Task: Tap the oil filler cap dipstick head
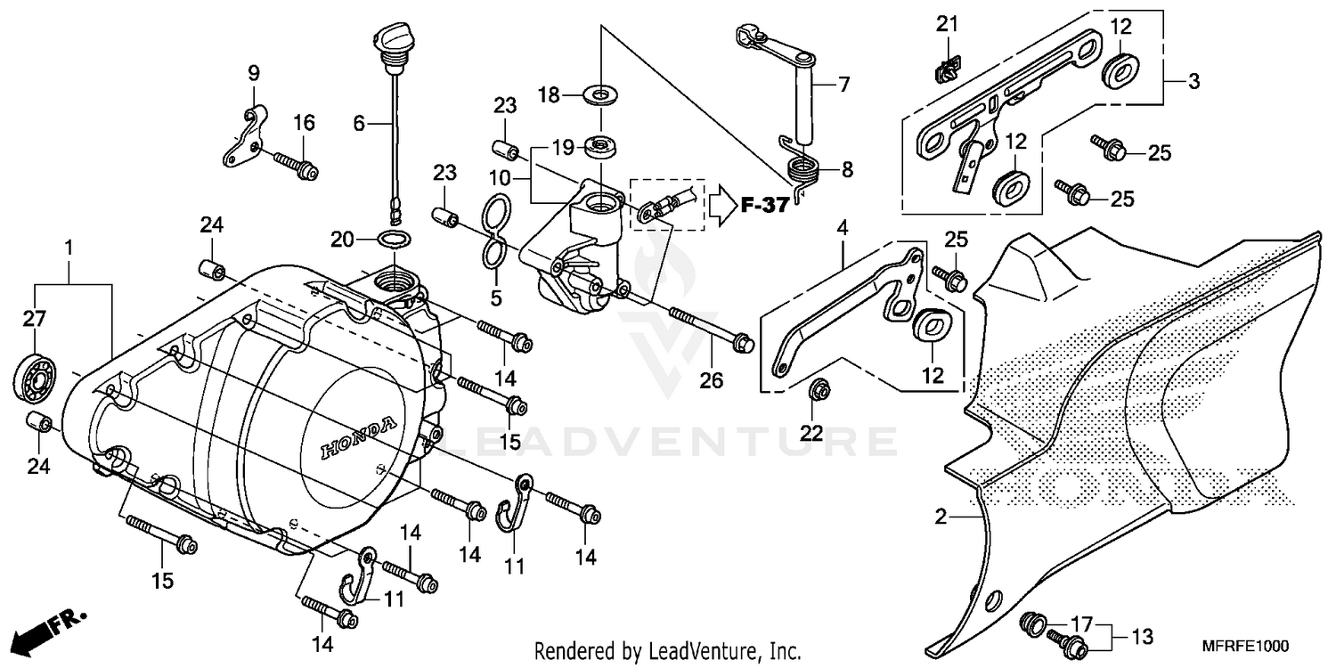389,41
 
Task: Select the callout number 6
358,124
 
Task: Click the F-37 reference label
764,206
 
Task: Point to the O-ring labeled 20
395,239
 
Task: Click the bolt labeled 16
295,164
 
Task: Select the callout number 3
1193,82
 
